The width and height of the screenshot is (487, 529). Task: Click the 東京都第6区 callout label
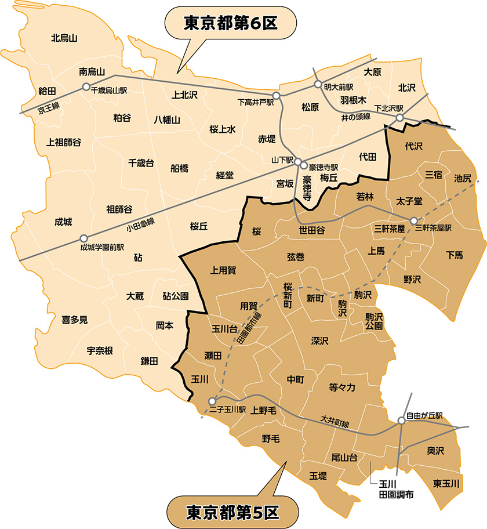[231, 24]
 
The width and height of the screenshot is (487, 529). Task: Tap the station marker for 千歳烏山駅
[86, 87]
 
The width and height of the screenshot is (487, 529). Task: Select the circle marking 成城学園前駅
[84, 238]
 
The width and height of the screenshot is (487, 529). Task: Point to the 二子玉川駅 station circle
[212, 401]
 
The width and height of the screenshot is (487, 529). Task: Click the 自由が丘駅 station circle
[401, 421]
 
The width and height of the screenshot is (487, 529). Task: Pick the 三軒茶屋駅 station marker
[414, 220]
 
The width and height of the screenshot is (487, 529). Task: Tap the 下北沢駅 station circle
[399, 118]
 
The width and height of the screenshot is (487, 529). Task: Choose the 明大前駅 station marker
[318, 84]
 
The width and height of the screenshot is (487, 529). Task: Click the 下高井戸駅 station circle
[277, 95]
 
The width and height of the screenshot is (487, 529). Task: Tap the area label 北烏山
[64, 39]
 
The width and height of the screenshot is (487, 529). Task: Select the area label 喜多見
[75, 319]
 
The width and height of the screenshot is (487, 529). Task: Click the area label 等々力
[346, 387]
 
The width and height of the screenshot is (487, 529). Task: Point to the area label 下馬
[455, 255]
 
